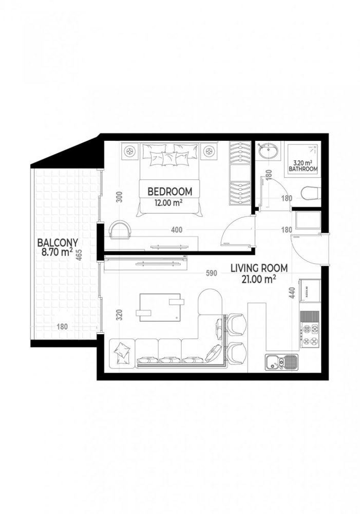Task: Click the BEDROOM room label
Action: [169, 192]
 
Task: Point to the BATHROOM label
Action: [303, 169]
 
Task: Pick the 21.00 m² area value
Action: [259, 279]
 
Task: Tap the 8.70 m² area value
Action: [53, 252]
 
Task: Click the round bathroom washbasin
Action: [269, 152]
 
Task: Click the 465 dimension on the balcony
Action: [79, 255]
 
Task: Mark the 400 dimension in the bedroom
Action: [176, 230]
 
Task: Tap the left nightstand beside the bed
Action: [129, 151]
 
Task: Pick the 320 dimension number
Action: [119, 315]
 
